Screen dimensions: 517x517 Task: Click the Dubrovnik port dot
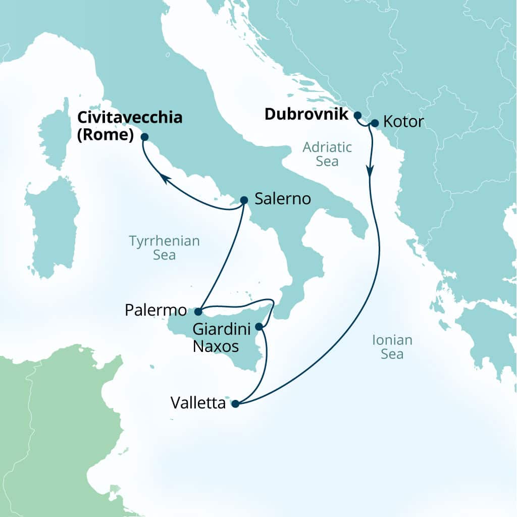pos(357,115)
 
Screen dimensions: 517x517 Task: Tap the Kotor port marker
pos(375,123)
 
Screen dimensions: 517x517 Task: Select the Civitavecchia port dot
pos(144,136)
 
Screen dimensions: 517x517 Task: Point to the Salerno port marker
pos(244,200)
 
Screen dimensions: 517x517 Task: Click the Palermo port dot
pos(198,312)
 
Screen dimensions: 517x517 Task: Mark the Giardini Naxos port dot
pos(259,327)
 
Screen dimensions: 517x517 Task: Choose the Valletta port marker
pos(235,403)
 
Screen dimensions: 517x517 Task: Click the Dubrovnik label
pos(306,115)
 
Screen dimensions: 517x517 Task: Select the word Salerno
pos(282,199)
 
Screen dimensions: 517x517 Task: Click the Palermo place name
pos(156,310)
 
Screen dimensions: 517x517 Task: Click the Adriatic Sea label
pos(327,154)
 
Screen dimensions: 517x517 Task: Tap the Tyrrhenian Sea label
pos(164,248)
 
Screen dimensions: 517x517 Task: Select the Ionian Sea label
pos(392,347)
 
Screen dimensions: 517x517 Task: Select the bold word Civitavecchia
pos(129,119)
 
